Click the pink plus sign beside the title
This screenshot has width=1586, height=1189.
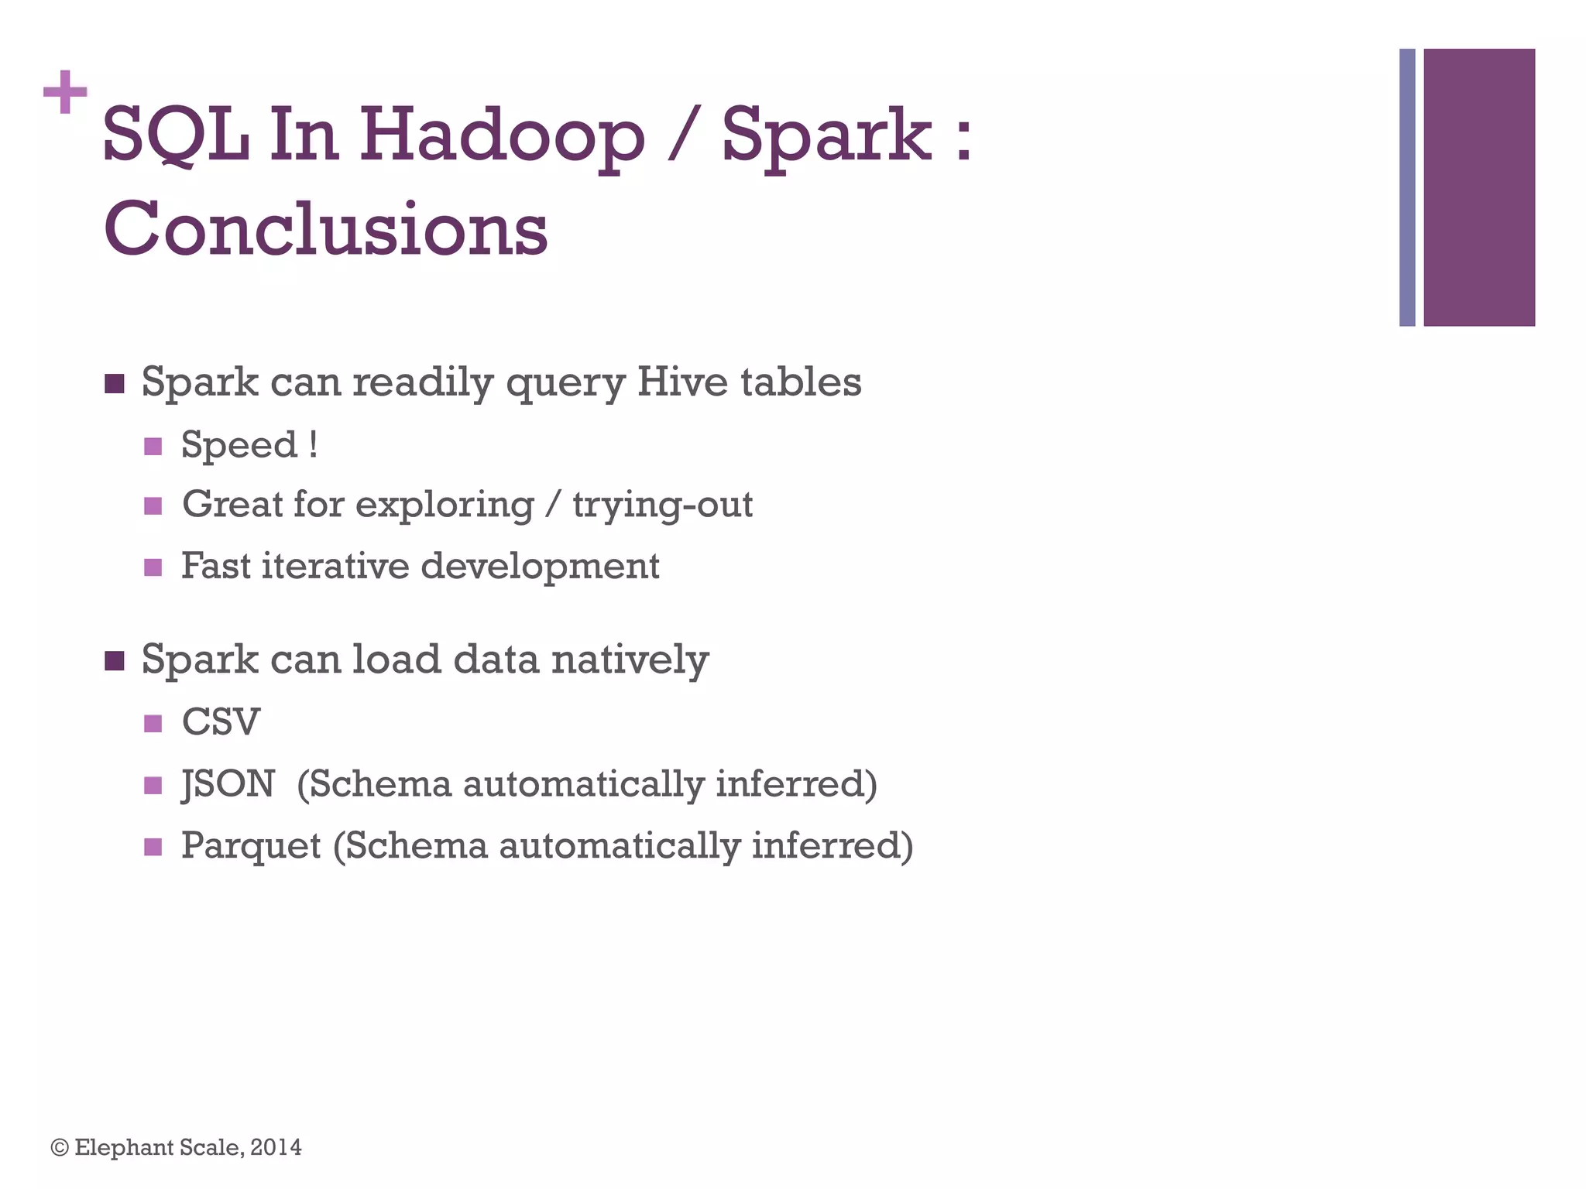pos(65,92)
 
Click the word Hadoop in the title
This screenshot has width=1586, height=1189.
pos(501,136)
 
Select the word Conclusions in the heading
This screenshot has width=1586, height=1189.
pos(325,229)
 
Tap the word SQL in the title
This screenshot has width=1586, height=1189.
pos(176,136)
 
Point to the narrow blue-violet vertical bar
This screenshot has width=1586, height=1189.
pos(1407,187)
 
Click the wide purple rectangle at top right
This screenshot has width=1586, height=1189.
pos(1479,187)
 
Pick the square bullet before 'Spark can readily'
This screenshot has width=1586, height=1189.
pos(115,384)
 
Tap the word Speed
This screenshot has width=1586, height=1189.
pos(239,446)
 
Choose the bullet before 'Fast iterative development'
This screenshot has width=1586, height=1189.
pos(153,567)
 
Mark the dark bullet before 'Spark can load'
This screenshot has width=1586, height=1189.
pos(115,661)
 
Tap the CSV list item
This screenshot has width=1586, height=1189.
pos(221,722)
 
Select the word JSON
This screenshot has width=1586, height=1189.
pos(228,784)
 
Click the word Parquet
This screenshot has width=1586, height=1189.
pos(251,846)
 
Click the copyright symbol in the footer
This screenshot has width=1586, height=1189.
pos(60,1147)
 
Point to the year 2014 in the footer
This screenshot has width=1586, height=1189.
pos(276,1147)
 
